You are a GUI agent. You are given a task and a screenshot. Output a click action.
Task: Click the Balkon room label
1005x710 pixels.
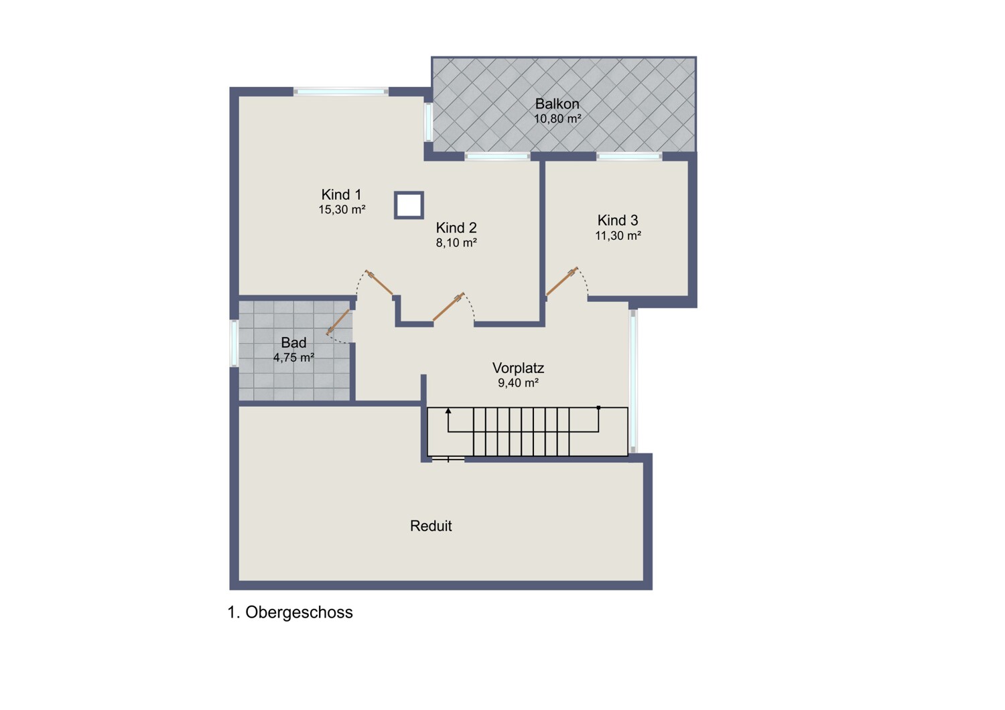pos(557,104)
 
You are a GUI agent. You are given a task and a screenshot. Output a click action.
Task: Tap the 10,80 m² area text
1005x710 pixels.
pos(557,119)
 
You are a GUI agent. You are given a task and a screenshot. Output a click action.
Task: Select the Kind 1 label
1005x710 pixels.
pos(342,195)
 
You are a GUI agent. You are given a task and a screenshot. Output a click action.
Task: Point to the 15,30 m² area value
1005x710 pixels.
pos(342,210)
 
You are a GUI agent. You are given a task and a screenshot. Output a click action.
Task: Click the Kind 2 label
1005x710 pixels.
pos(456,228)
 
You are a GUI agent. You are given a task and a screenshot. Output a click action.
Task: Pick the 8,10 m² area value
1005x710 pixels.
pos(456,242)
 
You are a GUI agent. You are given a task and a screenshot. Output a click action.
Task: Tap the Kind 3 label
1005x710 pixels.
pos(618,220)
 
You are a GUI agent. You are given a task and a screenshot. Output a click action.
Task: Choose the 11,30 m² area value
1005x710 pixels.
pos(618,236)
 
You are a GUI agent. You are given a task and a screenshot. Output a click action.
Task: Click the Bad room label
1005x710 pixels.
pos(294,343)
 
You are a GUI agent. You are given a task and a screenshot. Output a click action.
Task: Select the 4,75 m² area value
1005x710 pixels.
pos(294,358)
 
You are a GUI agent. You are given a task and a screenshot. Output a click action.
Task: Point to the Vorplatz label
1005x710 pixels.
pos(518,368)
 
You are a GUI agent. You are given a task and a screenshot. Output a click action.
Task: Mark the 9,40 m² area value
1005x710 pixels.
pos(518,382)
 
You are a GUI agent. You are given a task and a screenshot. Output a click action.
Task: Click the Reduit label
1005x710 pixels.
pos(431,526)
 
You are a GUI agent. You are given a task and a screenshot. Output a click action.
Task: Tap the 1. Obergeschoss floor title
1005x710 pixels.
pos(290,612)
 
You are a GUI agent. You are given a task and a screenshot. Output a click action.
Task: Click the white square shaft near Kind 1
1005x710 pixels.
pos(409,206)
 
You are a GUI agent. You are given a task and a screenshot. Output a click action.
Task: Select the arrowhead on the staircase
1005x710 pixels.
pos(448,411)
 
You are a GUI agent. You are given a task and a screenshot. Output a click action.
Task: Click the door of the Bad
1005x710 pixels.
pos(338,322)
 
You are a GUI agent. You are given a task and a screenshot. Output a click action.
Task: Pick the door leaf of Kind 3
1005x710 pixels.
pos(561,281)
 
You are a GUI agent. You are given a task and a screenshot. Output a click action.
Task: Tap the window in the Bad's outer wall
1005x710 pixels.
pos(234,343)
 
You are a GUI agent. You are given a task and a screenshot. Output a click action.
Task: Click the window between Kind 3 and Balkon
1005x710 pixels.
pos(629,156)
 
